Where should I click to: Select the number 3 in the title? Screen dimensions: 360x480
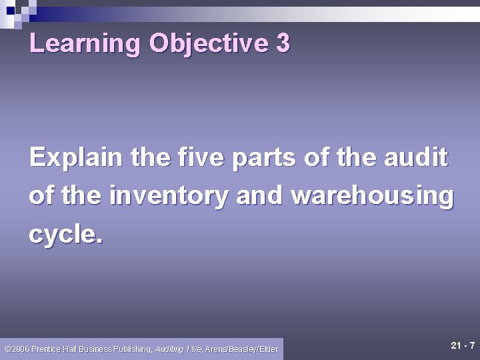coord(283,44)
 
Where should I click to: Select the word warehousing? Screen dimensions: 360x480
coord(373,197)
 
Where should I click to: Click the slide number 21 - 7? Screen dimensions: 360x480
coord(463,345)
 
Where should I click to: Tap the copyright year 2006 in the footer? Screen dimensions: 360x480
coord(19,349)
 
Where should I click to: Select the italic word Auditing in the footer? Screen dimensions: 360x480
coord(170,349)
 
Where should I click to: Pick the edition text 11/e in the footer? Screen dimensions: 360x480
coord(195,349)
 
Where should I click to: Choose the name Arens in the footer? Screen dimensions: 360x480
coord(217,349)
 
